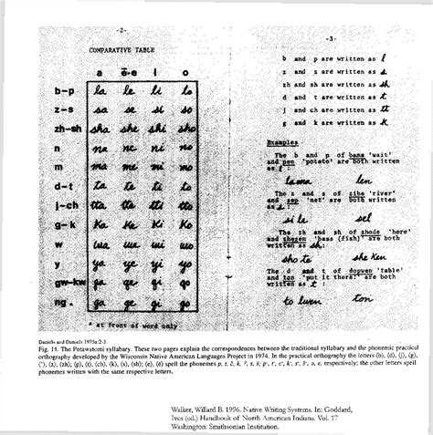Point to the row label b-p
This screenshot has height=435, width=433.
pos(65,92)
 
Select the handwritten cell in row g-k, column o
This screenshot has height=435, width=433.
pos(185,223)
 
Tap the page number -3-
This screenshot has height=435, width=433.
pos(330,39)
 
